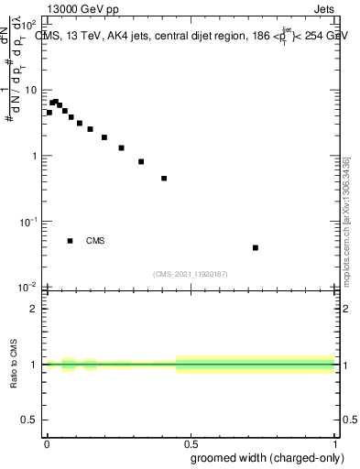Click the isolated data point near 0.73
(x=256, y=247)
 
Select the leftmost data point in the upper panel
(x=49, y=113)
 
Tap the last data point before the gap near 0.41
(x=164, y=179)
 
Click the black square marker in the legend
(x=70, y=241)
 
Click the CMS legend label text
(x=95, y=241)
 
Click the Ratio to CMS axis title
(x=16, y=364)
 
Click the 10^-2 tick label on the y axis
(x=29, y=287)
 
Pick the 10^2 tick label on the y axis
(x=29, y=25)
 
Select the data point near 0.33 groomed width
(x=141, y=161)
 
